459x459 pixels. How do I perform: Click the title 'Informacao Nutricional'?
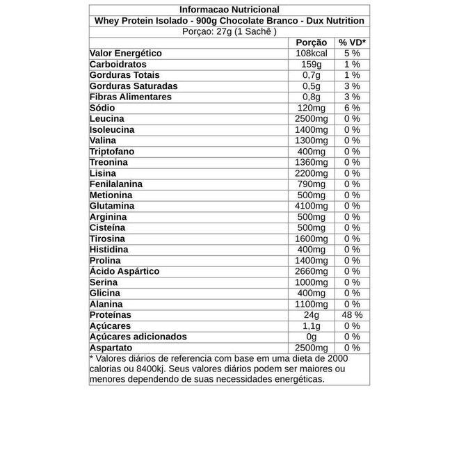pyautogui.click(x=229, y=10)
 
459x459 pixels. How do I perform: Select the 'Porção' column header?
pyautogui.click(x=311, y=42)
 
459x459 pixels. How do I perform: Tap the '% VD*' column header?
pyautogui.click(x=352, y=42)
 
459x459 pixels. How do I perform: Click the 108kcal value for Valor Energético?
pyautogui.click(x=311, y=54)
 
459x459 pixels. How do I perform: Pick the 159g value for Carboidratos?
pyautogui.click(x=311, y=64)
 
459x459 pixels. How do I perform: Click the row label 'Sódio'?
pyautogui.click(x=102, y=108)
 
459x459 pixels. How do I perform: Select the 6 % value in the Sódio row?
pyautogui.click(x=352, y=108)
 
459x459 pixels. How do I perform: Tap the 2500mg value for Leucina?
pyautogui.click(x=311, y=119)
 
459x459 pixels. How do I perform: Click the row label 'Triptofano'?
pyautogui.click(x=112, y=152)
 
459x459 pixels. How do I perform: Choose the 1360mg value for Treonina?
pyautogui.click(x=311, y=162)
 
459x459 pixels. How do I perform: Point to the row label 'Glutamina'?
pyautogui.click(x=112, y=206)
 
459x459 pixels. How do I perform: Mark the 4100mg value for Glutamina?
pyautogui.click(x=311, y=206)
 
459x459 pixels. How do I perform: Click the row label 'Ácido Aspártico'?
pyautogui.click(x=124, y=271)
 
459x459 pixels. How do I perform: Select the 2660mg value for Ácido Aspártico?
pyautogui.click(x=311, y=271)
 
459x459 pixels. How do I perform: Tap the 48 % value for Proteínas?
pyautogui.click(x=352, y=315)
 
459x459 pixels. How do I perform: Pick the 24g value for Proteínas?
pyautogui.click(x=311, y=315)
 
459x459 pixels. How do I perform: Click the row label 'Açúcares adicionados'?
pyautogui.click(x=138, y=337)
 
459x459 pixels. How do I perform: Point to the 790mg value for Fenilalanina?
pyautogui.click(x=311, y=184)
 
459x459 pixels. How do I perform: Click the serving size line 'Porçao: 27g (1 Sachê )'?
pyautogui.click(x=229, y=31)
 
